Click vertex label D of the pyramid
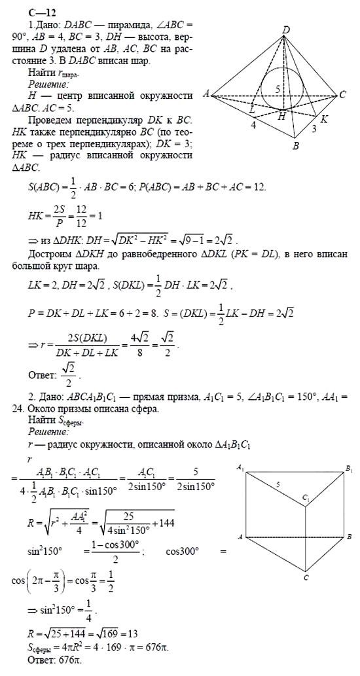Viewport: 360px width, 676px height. click(286, 29)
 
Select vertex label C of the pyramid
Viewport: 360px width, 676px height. click(342, 96)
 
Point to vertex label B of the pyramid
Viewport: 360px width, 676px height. click(295, 146)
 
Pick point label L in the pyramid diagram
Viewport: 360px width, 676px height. click(251, 112)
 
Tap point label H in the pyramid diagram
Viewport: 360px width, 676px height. click(282, 116)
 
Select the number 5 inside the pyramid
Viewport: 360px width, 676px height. click(277, 88)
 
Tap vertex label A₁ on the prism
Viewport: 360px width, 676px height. click(240, 467)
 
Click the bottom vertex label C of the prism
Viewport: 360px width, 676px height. click(306, 578)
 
